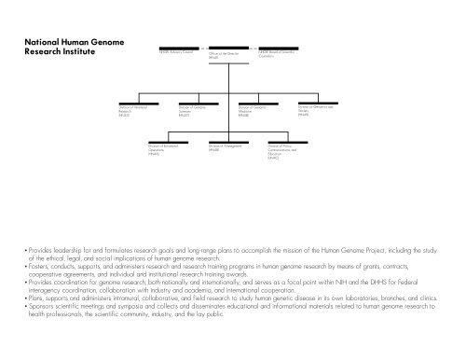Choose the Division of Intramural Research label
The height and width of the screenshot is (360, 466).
pyautogui.click(x=123, y=113)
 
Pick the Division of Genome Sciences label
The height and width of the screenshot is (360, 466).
pyautogui.click(x=191, y=113)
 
